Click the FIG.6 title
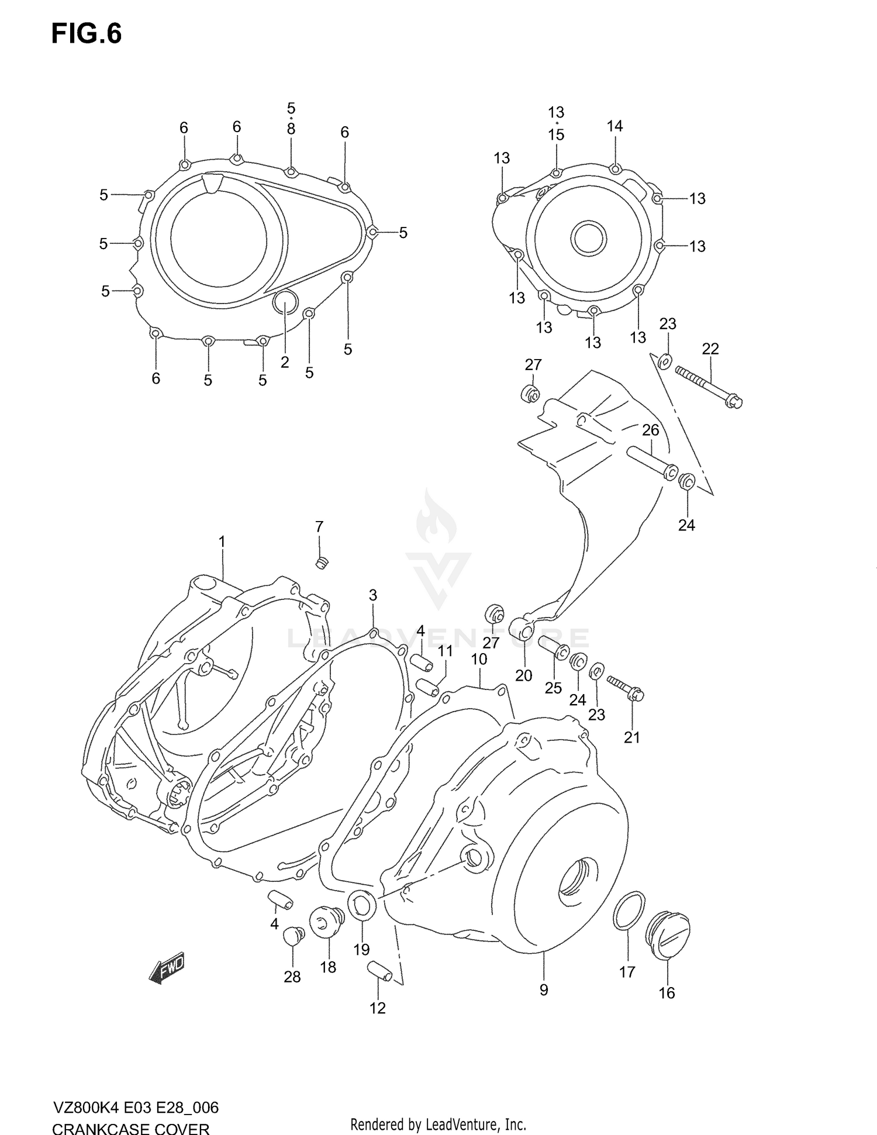(87, 34)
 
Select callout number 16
(667, 992)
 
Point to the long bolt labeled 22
(708, 387)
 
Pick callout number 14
(614, 126)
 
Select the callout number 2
(285, 362)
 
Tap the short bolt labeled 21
(626, 688)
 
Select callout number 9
(544, 990)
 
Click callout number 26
(650, 430)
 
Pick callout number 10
(479, 659)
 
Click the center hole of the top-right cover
(588, 237)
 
